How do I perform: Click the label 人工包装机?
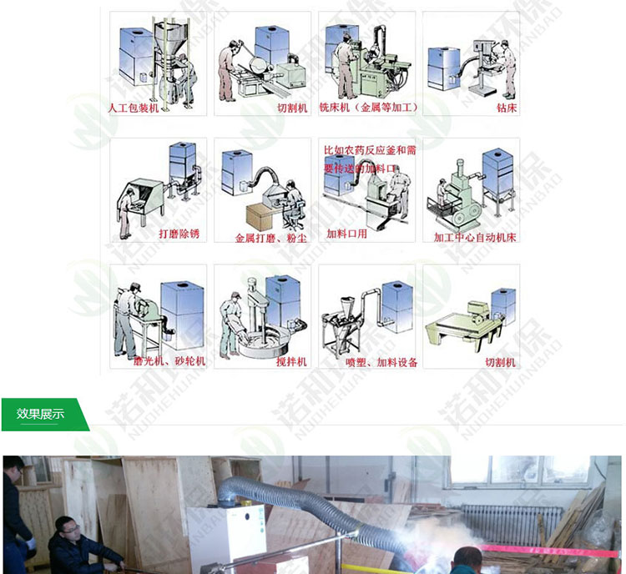click(133, 108)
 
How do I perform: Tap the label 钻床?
click(506, 108)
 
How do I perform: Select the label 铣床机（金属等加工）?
click(368, 108)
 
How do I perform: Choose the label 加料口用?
click(346, 234)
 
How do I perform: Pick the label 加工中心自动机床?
click(475, 237)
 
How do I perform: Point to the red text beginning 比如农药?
click(369, 159)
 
